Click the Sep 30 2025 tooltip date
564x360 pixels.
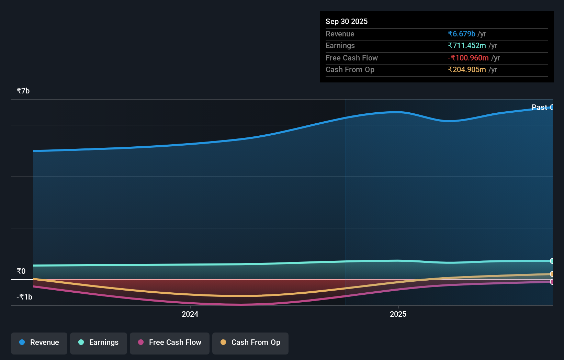click(346, 21)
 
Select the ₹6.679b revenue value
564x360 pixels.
click(461, 34)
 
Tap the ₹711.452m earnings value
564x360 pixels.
click(466, 45)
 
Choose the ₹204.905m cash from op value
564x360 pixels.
click(466, 69)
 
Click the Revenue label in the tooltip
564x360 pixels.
click(340, 34)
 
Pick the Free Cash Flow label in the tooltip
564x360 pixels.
click(351, 58)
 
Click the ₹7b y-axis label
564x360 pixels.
click(23, 91)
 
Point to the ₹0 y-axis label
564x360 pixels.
click(21, 271)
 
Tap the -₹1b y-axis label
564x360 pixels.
click(24, 297)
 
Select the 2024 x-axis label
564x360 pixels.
click(190, 314)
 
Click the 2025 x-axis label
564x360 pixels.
click(398, 314)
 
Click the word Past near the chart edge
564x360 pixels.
click(539, 107)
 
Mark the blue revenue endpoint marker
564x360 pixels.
click(552, 107)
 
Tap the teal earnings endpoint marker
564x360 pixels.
click(552, 261)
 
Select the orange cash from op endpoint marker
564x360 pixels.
click(552, 274)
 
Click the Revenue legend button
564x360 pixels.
click(39, 342)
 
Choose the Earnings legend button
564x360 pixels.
click(99, 342)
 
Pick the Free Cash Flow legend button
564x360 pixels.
click(170, 342)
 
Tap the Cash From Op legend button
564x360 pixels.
click(250, 342)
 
